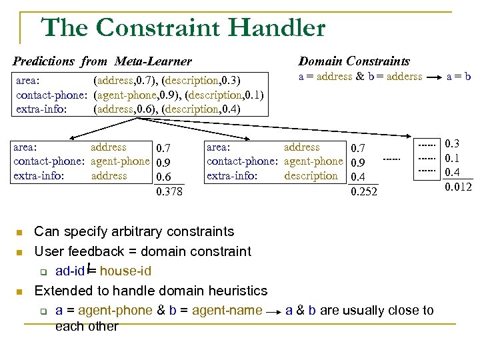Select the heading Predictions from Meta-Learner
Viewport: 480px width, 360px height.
tap(102, 61)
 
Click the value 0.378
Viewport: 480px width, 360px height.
tap(169, 192)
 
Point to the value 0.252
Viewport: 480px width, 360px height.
tap(364, 192)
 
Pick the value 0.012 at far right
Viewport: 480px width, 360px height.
tap(458, 186)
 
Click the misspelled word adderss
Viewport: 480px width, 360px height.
tap(400, 77)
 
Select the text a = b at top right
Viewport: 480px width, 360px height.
tap(459, 77)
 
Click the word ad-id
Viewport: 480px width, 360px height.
tap(69, 271)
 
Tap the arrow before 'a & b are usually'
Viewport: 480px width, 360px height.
tap(273, 311)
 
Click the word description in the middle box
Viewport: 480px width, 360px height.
tap(311, 176)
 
